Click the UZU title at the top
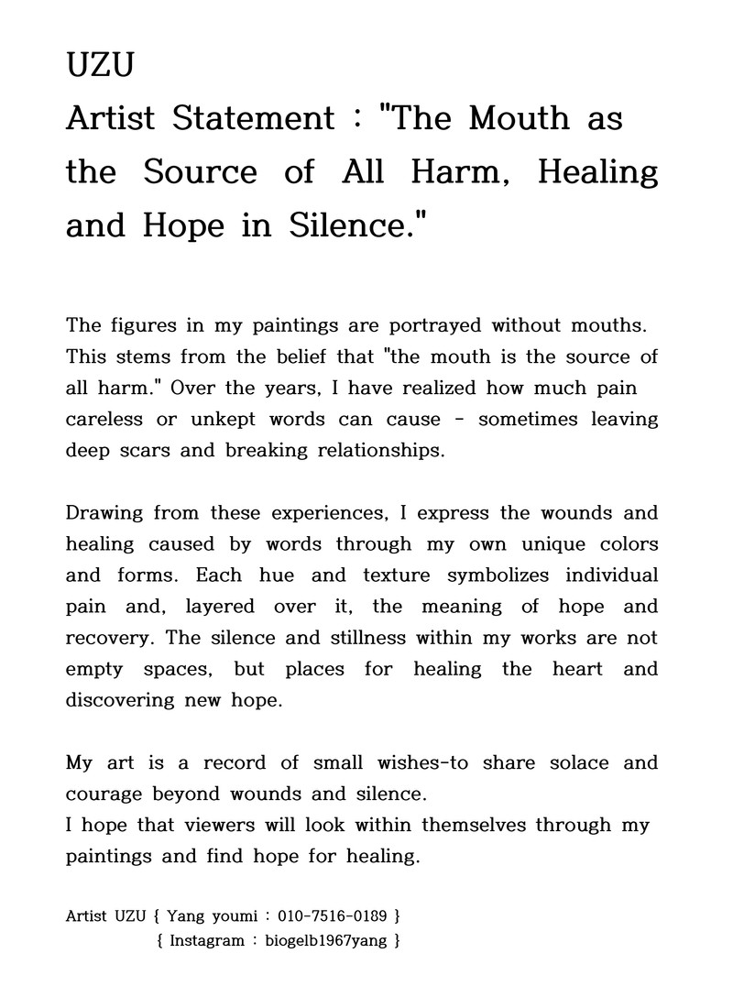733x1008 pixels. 101,65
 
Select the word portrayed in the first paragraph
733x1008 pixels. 437,325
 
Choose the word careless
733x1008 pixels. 104,419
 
